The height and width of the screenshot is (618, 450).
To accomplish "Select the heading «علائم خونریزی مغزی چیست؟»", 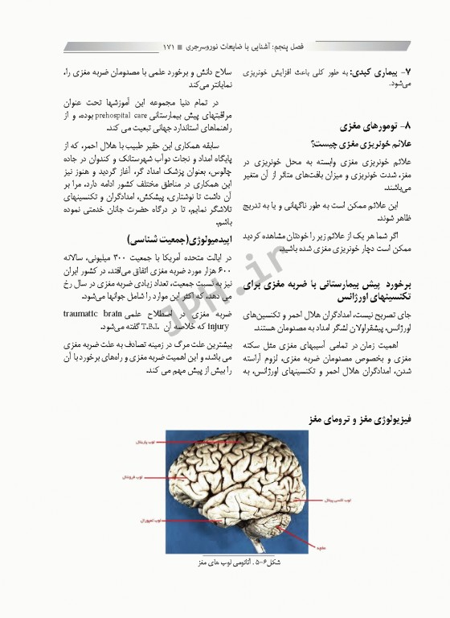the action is coord(370,142).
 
